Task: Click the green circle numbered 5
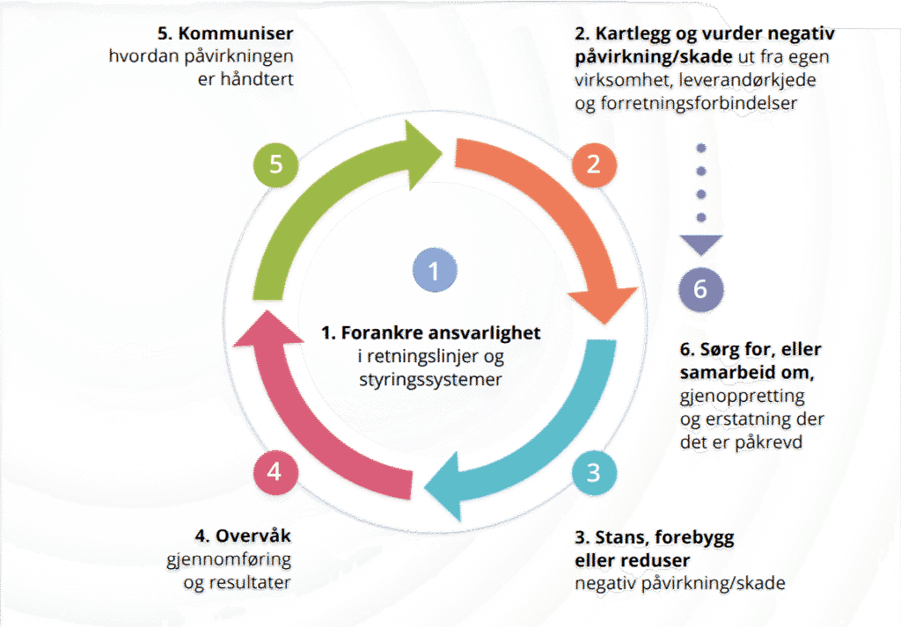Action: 275,164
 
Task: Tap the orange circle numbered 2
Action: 594,164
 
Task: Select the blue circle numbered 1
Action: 435,271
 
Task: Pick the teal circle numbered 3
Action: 594,472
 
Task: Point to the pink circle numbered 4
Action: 275,472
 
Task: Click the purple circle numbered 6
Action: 700,288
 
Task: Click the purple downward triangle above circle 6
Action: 701,244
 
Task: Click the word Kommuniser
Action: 236,33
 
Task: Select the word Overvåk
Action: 253,536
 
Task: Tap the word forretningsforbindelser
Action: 699,104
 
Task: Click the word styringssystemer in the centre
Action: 430,380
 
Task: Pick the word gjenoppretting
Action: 743,397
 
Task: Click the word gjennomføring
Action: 229,560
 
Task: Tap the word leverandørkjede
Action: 747,80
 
